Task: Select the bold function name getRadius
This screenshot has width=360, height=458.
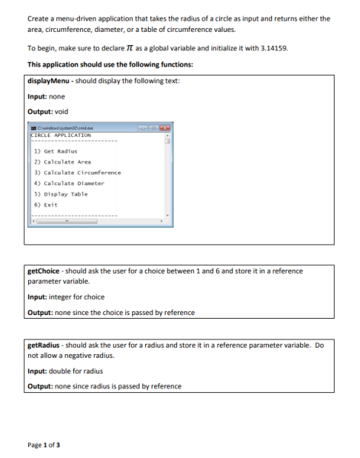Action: tap(42, 345)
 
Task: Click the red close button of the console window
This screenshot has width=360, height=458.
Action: tap(164, 129)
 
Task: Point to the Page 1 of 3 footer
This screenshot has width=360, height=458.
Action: tap(44, 444)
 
